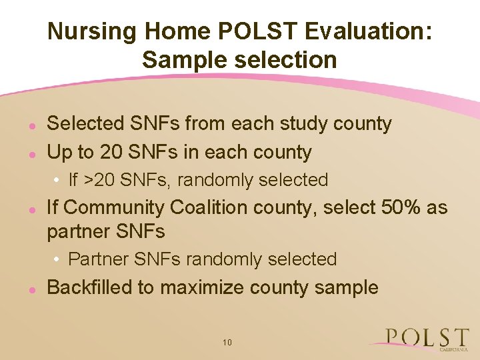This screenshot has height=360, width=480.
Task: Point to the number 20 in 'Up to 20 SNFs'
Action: click(111, 152)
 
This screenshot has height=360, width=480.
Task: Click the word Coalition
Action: click(207, 207)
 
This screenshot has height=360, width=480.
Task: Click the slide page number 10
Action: click(227, 342)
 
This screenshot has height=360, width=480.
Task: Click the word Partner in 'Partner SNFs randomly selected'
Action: click(91, 259)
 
